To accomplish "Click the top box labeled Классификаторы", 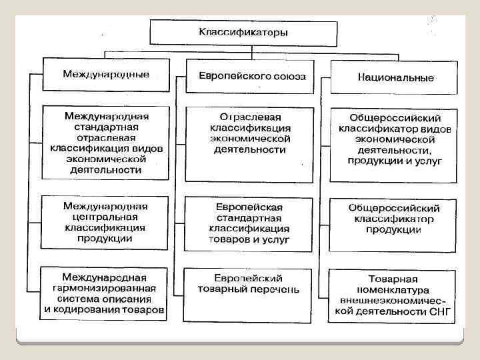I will click(243, 32).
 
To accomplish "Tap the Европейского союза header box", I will click(252, 77).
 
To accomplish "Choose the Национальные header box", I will click(395, 78).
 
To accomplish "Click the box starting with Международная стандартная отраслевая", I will click(106, 142).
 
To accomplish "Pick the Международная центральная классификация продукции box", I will click(106, 221).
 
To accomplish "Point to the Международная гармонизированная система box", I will click(106, 293).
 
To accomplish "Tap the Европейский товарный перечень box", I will click(249, 293).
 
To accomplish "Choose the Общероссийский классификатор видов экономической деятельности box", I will click(395, 145).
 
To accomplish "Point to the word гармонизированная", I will click(106, 289).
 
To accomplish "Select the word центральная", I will click(106, 216).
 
